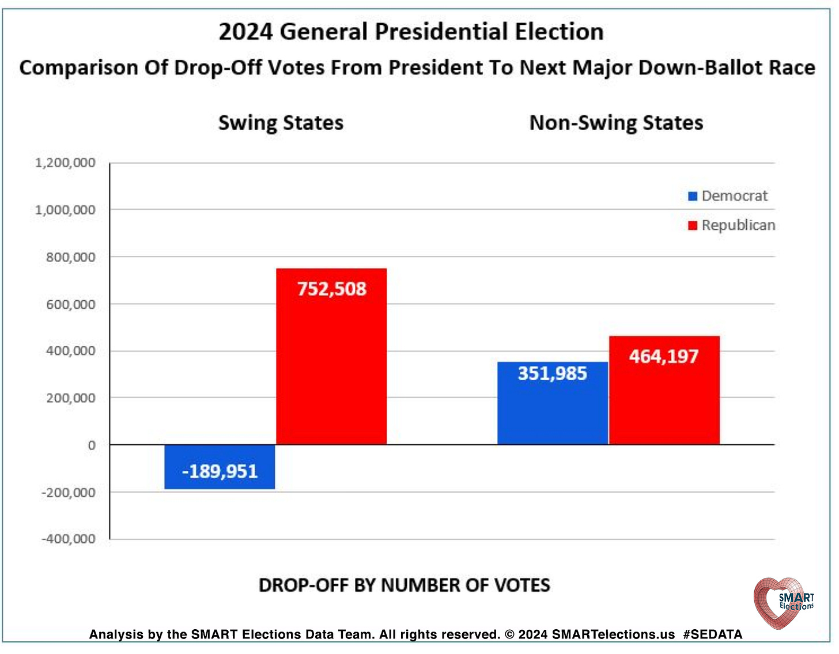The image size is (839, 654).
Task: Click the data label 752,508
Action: [331, 289]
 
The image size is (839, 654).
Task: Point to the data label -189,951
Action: [220, 471]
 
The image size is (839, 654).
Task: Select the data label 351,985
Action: [552, 373]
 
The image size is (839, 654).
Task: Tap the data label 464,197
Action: [664, 357]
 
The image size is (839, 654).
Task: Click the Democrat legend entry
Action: [728, 196]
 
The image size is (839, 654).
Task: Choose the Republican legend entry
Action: [732, 225]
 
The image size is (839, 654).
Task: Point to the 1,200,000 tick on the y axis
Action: [65, 163]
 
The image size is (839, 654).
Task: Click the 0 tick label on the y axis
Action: [92, 445]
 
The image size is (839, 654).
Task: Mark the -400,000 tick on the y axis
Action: [69, 539]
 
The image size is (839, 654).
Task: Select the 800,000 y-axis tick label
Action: [70, 257]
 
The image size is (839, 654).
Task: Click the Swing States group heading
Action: [281, 123]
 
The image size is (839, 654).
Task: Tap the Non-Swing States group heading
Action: [616, 123]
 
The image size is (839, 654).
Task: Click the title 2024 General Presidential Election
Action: [411, 32]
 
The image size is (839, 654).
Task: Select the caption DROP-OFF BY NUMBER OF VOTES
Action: [404, 585]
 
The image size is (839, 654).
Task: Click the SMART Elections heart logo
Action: [783, 602]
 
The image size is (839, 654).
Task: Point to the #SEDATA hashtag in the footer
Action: [712, 634]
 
